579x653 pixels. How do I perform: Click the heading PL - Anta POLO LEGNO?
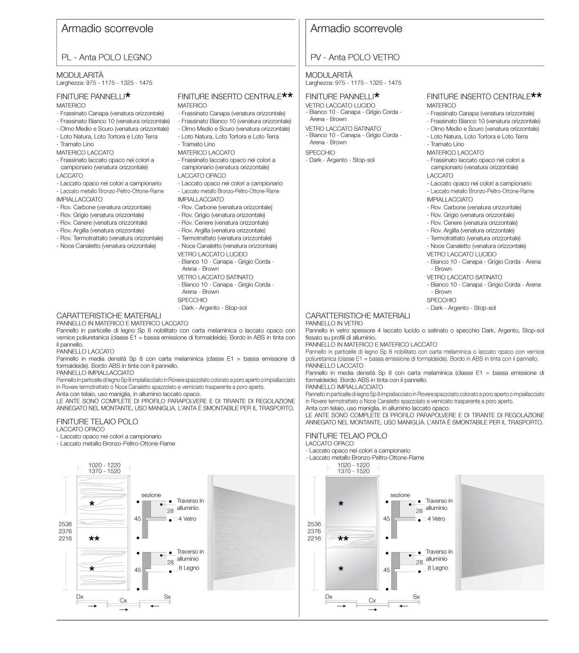106,58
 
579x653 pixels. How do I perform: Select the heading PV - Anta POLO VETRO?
355,58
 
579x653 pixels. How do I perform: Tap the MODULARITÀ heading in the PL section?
80,75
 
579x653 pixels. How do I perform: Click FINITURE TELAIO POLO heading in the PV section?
346,436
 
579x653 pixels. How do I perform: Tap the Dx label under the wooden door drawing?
80,597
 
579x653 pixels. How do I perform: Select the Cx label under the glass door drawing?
372,601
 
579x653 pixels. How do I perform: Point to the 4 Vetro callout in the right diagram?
436,519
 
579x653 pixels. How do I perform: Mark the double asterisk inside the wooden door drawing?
94,539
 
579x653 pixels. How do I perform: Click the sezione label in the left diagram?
151,495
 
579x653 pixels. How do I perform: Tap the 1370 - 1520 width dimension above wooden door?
104,471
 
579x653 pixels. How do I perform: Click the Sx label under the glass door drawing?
416,597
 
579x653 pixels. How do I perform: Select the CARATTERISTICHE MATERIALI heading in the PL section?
109,316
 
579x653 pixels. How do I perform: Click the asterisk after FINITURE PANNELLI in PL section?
128,96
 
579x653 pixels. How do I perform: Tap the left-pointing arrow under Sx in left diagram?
155,606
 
